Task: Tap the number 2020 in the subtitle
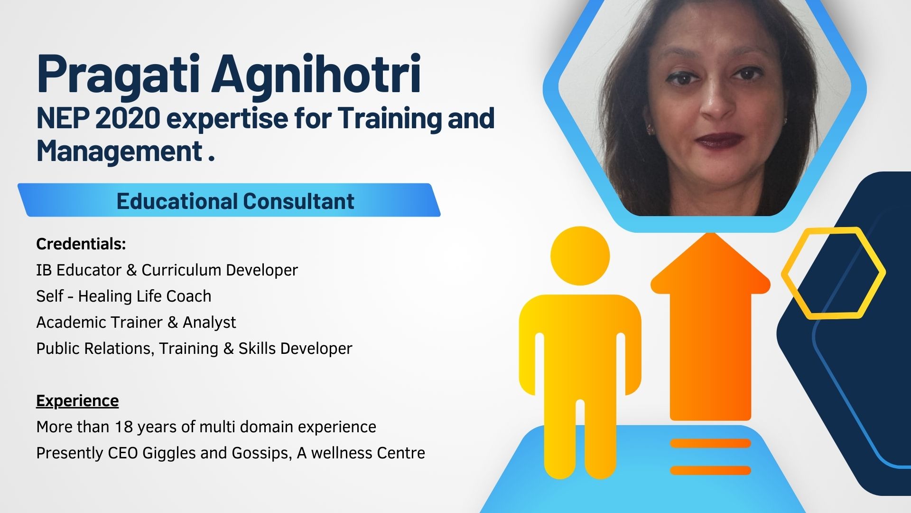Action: pyautogui.click(x=128, y=118)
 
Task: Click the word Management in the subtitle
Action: pyautogui.click(x=120, y=151)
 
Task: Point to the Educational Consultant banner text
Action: pyautogui.click(x=235, y=201)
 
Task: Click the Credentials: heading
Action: pyautogui.click(x=81, y=244)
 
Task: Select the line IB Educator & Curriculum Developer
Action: pyautogui.click(x=167, y=270)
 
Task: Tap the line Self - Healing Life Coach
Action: pyautogui.click(x=124, y=296)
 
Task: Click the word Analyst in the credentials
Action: pyautogui.click(x=209, y=323)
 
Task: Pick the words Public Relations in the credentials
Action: pyautogui.click(x=95, y=349)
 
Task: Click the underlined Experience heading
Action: pyautogui.click(x=77, y=401)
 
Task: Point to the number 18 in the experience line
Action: pyautogui.click(x=124, y=427)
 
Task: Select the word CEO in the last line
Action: pyautogui.click(x=123, y=453)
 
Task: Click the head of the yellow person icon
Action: pyautogui.click(x=580, y=256)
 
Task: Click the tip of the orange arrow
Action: pyautogui.click(x=710, y=233)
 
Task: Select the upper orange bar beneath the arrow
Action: pyautogui.click(x=710, y=444)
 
